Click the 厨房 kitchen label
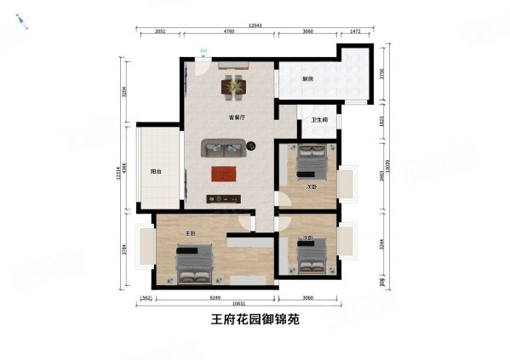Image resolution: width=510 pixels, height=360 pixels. pyautogui.click(x=308, y=79)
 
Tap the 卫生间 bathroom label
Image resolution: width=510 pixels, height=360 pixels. pyautogui.click(x=320, y=120)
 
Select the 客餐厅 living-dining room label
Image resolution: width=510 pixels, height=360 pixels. pyautogui.click(x=237, y=117)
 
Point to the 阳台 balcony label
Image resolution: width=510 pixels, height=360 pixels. pyautogui.click(x=157, y=171)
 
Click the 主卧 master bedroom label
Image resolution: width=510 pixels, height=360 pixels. pyautogui.click(x=192, y=233)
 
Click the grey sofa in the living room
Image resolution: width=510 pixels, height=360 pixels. pyautogui.click(x=223, y=150)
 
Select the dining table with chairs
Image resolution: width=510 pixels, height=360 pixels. pyautogui.click(x=232, y=85)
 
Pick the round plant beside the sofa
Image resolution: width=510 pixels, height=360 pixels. pyautogui.click(x=252, y=147)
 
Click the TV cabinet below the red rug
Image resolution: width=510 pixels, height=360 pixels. pyautogui.click(x=224, y=198)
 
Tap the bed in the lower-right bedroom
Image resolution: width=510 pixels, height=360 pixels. pyautogui.click(x=310, y=254)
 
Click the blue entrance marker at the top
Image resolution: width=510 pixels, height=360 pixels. pyautogui.click(x=203, y=52)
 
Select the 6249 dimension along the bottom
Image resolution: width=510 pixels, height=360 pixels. pyautogui.click(x=215, y=298)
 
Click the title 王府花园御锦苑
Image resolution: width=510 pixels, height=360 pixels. pyautogui.click(x=255, y=322)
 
